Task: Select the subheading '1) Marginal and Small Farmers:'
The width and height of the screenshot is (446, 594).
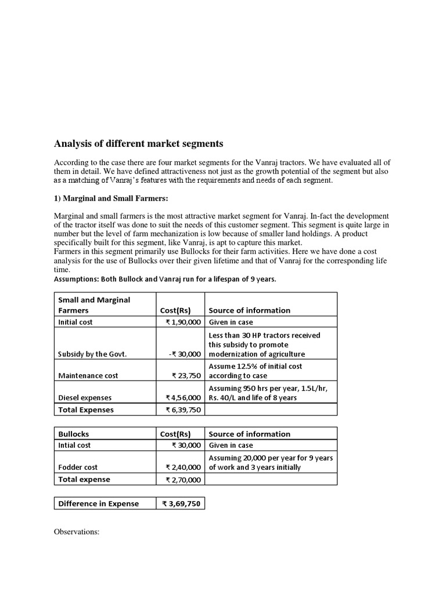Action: pos(110,198)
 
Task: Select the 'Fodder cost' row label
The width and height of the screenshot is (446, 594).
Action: pos(78,467)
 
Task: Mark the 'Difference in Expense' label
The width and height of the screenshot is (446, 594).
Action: pos(99,504)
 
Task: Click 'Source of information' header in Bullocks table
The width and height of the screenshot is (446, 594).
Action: pos(249,434)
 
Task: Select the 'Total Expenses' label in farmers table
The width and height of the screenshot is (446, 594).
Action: pos(86,410)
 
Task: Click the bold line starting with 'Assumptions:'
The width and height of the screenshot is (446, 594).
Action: pos(165,279)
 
